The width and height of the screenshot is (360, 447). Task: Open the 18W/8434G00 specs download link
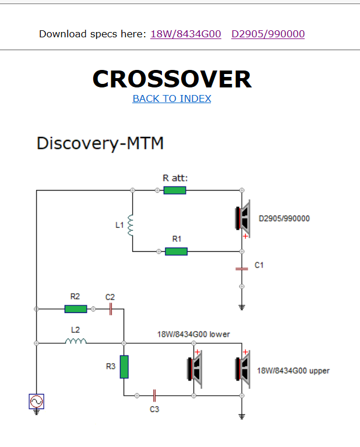[186, 34]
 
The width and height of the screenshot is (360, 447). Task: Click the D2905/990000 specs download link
[268, 34]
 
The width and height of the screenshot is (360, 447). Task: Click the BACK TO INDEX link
[172, 98]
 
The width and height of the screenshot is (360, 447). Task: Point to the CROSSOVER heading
[172, 79]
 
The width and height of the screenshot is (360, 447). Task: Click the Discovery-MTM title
[100, 143]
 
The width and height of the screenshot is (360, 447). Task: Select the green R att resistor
[175, 190]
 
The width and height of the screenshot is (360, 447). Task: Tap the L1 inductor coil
[130, 225]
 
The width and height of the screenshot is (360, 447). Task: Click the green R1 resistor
[176, 251]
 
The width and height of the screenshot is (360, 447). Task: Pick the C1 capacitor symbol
[242, 269]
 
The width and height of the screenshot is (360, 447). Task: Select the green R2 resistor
[76, 309]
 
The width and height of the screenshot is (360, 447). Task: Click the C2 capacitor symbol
[111, 309]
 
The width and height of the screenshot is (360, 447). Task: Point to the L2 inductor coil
[76, 341]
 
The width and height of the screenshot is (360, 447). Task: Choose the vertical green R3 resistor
[124, 367]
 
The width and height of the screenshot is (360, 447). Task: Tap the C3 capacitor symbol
[154, 396]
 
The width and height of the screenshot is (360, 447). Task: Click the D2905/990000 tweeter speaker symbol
[243, 219]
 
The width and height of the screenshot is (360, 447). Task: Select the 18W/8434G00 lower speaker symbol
[195, 369]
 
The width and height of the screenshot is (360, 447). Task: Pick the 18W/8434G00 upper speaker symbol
[243, 369]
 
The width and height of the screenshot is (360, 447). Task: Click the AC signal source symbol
[37, 402]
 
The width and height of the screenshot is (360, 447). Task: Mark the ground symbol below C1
[242, 307]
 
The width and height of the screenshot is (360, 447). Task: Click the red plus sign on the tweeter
[245, 236]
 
